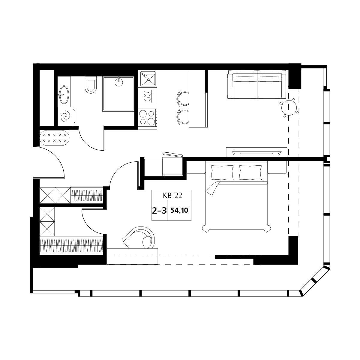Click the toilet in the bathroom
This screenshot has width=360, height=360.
point(91,85)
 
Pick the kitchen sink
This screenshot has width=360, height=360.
point(148,79)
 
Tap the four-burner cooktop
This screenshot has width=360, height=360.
point(148,117)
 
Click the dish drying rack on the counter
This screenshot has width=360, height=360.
point(148,96)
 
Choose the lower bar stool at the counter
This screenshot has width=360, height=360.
point(183,117)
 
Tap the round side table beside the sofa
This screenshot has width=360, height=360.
point(289,108)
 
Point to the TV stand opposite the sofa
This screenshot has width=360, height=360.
point(256,152)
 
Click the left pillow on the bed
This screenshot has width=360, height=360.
point(222,172)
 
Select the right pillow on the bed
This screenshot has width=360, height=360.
point(250,172)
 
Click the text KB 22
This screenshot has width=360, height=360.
point(172,196)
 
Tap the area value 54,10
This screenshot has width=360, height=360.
point(179,211)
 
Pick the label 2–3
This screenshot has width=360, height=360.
point(159,211)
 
